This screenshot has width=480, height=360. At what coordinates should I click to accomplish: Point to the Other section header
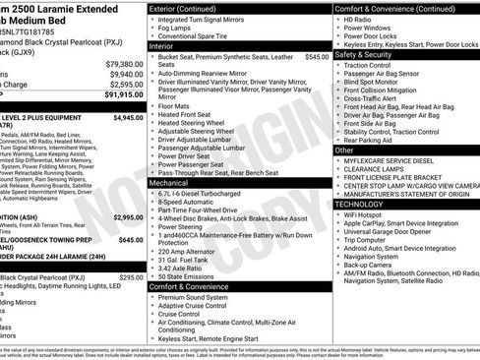pos(344,150)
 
